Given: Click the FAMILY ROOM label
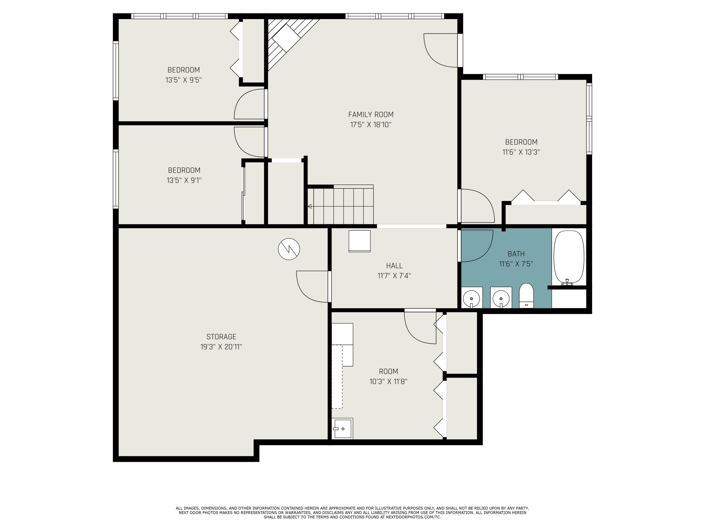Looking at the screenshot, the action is [371, 114].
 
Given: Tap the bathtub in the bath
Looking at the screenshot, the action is [569, 257].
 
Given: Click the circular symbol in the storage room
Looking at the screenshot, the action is [289, 249].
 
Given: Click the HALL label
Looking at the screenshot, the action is [394, 266].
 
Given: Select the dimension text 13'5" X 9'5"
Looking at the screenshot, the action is [184, 80].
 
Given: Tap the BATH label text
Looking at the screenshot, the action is [516, 254].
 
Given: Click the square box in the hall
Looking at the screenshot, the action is [360, 241].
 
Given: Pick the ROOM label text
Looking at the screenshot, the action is [388, 371].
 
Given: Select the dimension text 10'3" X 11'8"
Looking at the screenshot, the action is [388, 381].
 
